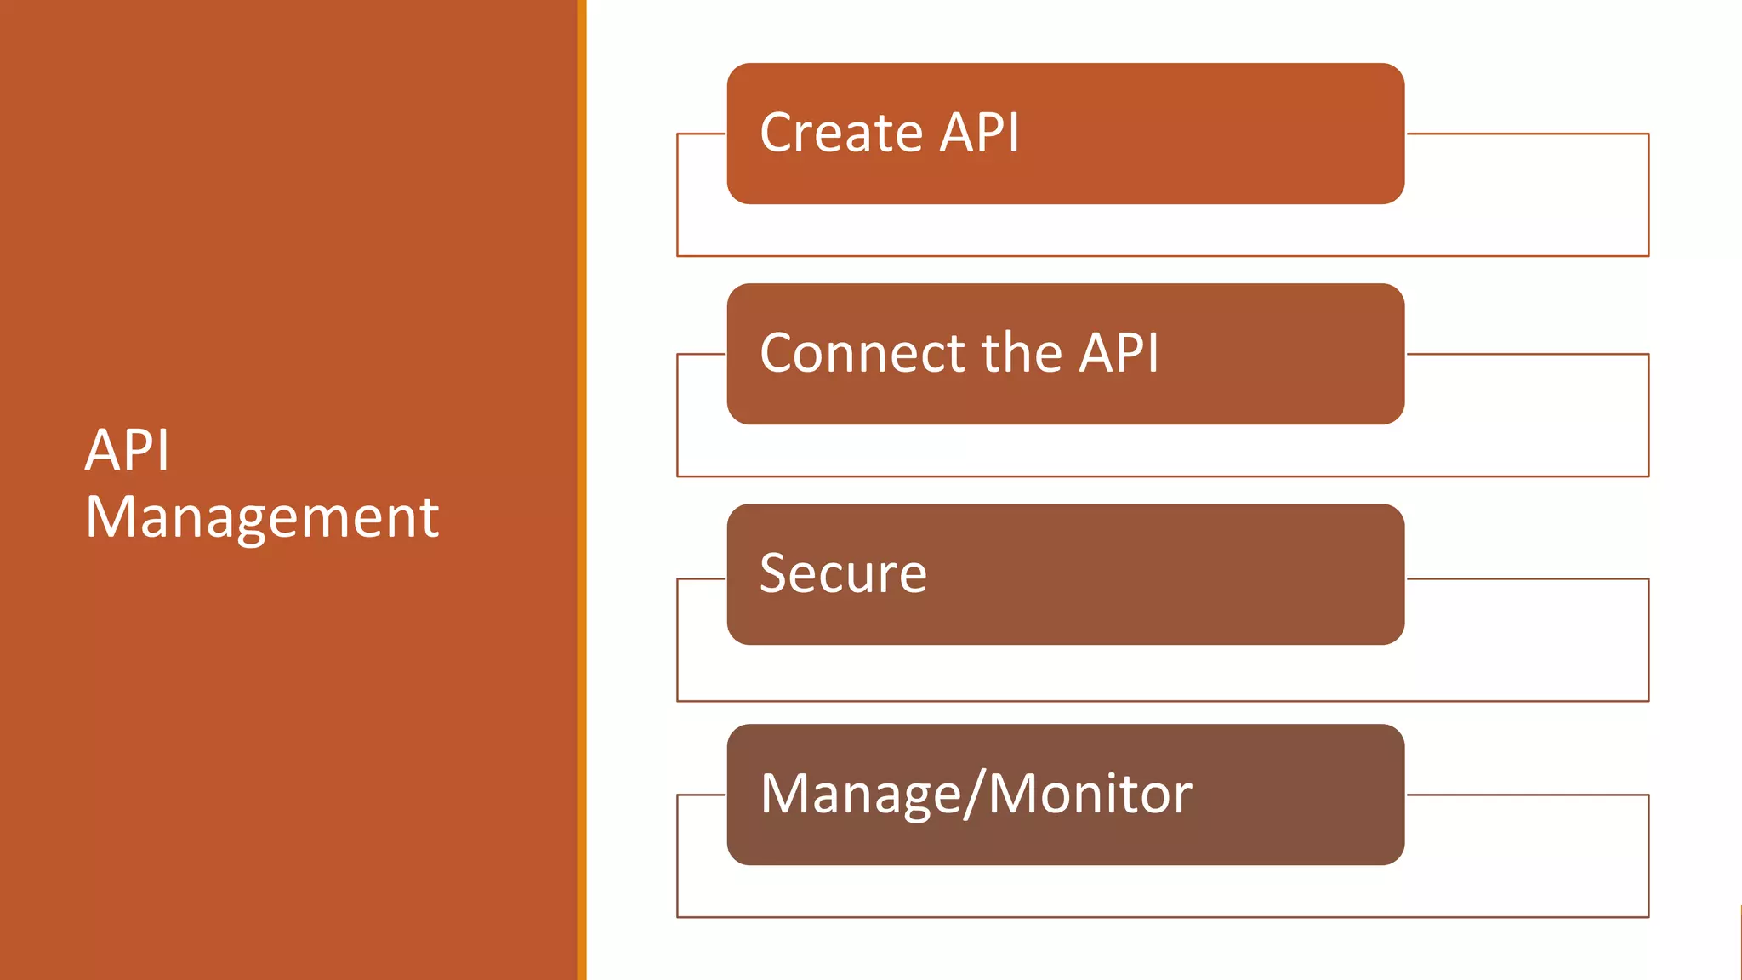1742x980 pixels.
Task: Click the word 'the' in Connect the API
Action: tap(1022, 353)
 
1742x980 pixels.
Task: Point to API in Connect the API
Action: tap(1119, 353)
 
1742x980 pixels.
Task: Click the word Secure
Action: tap(843, 573)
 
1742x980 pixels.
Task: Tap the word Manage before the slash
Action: tap(860, 794)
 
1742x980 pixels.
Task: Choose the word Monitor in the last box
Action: tap(1090, 794)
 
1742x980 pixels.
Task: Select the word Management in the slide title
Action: tap(262, 517)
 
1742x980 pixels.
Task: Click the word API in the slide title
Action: tap(128, 450)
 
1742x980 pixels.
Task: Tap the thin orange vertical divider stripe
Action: tap(582, 490)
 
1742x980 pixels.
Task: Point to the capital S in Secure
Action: tap(776, 573)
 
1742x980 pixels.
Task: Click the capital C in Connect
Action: tap(778, 353)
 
